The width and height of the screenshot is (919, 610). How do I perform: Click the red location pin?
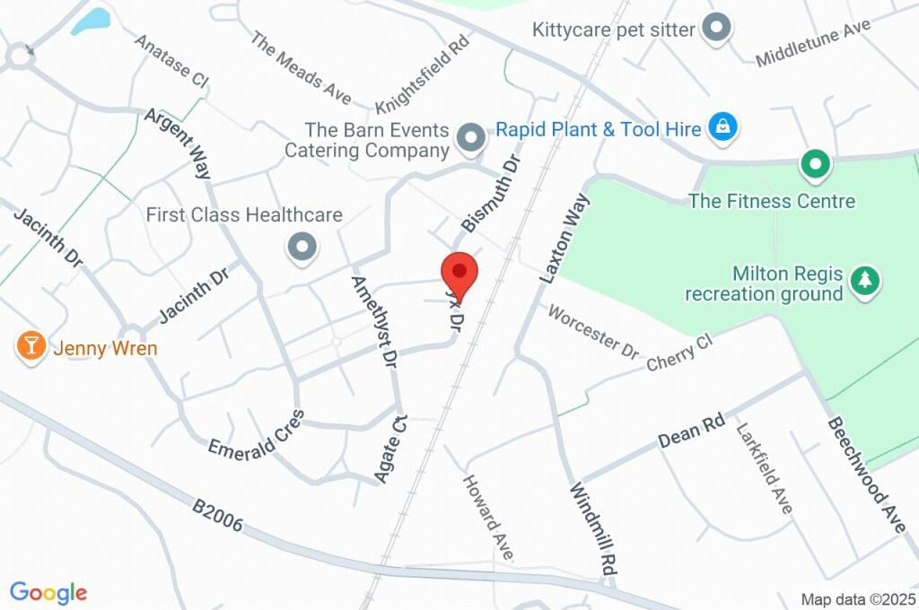(x=459, y=272)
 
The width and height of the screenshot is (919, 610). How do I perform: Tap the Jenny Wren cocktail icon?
(x=31, y=345)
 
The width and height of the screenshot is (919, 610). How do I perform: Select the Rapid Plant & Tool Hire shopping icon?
(x=722, y=127)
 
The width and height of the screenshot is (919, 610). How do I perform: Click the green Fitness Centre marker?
(x=815, y=164)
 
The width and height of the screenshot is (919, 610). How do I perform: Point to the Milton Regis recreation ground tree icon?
(x=865, y=280)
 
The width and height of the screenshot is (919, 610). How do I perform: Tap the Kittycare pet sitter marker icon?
(x=716, y=27)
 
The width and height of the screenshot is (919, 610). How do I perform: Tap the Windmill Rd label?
(x=594, y=528)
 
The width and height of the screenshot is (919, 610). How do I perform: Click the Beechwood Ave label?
(x=866, y=475)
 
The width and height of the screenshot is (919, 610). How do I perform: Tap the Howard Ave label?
(x=487, y=518)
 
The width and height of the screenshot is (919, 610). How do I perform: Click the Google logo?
(x=48, y=592)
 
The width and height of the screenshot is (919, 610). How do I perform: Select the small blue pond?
(x=90, y=21)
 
